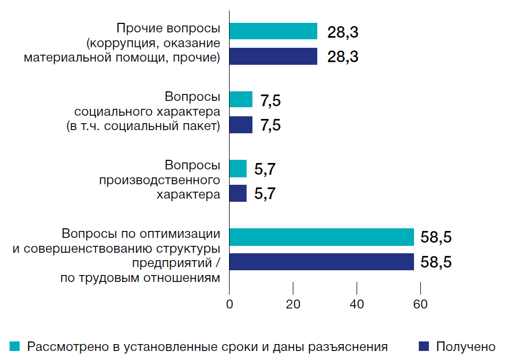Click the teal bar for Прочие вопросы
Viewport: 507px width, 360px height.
point(273,31)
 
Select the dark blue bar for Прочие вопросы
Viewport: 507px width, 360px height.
point(273,56)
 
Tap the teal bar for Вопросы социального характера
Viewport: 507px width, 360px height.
point(241,99)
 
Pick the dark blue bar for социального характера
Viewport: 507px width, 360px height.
point(241,125)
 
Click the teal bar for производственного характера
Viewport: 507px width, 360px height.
point(238,169)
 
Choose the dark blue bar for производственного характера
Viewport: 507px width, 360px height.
point(238,193)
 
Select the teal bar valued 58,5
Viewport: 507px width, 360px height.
point(322,237)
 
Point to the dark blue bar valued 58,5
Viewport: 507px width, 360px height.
point(322,262)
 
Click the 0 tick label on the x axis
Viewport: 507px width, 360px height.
point(229,305)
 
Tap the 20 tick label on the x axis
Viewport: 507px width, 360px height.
point(293,305)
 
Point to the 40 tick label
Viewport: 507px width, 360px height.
point(357,305)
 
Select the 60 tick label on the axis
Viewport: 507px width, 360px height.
point(420,305)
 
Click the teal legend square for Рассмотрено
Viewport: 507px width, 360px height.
point(15,347)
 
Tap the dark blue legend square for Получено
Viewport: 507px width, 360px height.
point(424,347)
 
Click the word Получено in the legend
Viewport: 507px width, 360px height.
point(466,347)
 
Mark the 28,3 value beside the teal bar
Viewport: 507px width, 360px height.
point(343,32)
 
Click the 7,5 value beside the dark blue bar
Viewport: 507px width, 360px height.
point(270,125)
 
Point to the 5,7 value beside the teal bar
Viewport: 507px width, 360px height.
point(265,169)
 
